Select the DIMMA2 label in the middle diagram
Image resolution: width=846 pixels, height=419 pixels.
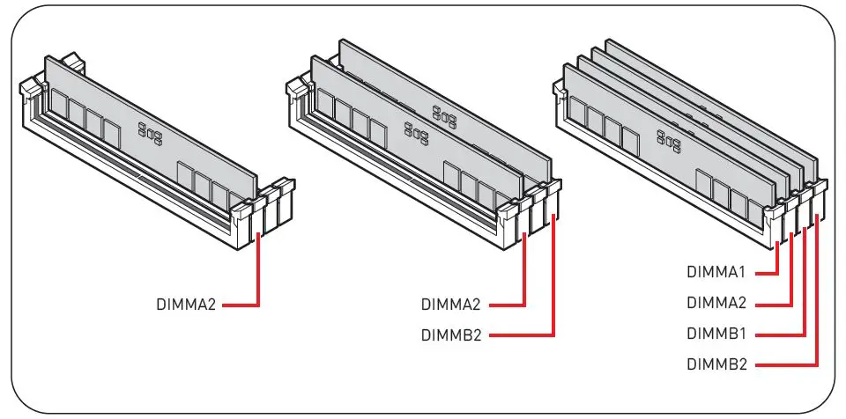[450, 305]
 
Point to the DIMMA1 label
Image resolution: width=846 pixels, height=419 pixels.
[718, 273]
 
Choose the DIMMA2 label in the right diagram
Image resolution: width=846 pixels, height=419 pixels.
[718, 304]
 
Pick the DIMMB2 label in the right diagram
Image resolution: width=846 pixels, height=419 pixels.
[718, 363]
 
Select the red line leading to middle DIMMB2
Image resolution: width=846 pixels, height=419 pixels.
[553, 290]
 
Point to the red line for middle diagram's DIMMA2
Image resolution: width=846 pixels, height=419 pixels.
[525, 282]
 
